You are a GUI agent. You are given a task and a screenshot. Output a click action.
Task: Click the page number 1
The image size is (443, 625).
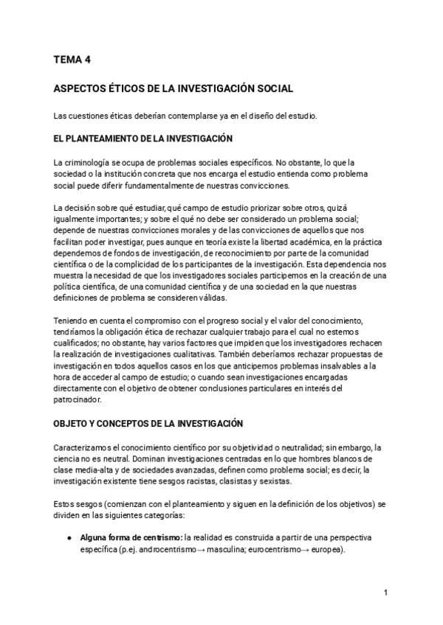[385, 593]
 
